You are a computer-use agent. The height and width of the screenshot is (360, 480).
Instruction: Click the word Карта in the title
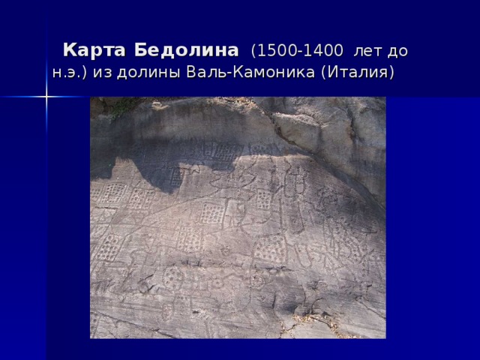(92, 51)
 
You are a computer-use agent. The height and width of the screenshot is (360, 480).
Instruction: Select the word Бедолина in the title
(181, 51)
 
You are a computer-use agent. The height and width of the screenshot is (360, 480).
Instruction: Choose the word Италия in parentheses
(355, 73)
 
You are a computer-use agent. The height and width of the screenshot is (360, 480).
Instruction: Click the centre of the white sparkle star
(46, 97)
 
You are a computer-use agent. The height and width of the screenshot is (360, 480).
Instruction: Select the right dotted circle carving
(256, 280)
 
